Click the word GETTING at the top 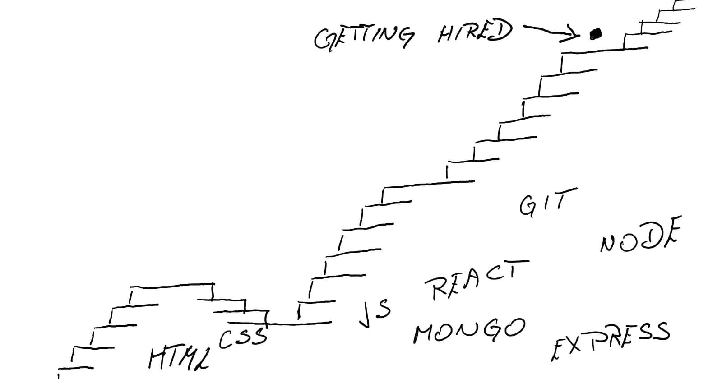363,37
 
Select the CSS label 243,337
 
